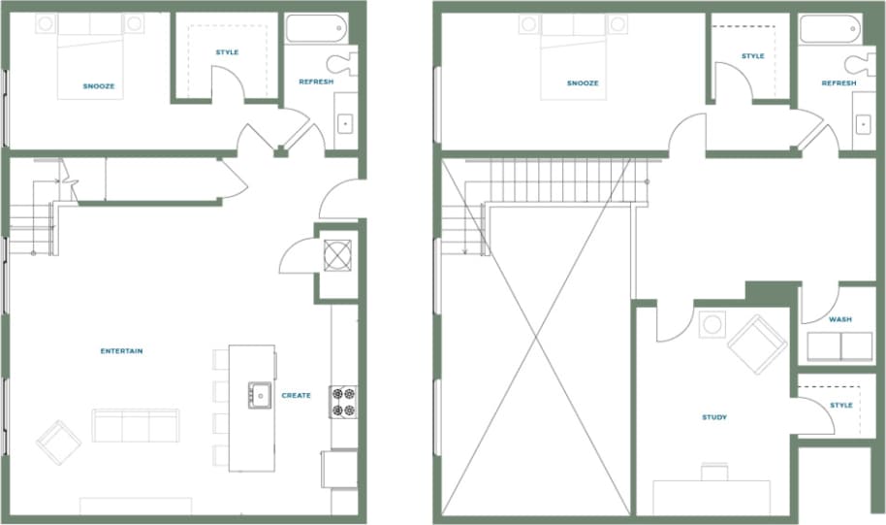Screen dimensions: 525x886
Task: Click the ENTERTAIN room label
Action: pos(121,350)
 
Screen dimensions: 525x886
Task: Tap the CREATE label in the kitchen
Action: pos(296,396)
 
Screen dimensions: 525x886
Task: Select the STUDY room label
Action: pos(714,417)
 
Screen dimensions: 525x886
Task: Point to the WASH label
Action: pos(839,319)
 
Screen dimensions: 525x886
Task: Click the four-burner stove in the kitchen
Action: pos(344,402)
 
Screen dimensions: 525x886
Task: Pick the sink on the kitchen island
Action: pos(260,395)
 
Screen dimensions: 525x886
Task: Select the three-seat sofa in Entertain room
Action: pos(136,425)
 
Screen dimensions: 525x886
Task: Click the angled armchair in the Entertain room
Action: pos(58,442)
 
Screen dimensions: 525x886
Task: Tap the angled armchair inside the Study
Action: pos(757,343)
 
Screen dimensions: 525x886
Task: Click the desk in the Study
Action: pos(712,497)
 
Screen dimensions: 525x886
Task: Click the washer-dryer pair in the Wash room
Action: pos(839,346)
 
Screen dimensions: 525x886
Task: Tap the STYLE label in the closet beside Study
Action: pos(840,405)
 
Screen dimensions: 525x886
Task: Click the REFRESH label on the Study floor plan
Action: pos(839,83)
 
